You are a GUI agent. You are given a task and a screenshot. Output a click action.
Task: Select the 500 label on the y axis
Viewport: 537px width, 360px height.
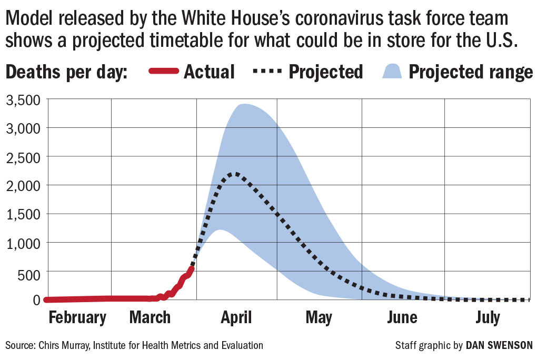pos(29,272)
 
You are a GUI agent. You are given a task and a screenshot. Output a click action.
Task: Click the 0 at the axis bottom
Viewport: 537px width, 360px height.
pos(37,300)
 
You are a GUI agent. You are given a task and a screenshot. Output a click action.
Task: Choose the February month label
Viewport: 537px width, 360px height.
pos(77,317)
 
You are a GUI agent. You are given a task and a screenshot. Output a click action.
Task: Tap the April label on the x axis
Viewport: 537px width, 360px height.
pos(236,317)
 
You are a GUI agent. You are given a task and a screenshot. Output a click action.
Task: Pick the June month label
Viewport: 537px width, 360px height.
pos(402,317)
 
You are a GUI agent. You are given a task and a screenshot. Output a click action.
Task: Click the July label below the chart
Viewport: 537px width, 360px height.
pos(488,317)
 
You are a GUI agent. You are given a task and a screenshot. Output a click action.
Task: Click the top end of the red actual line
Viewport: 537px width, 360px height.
pos(192,268)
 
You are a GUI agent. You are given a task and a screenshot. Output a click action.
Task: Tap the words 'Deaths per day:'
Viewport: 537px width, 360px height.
pos(67,72)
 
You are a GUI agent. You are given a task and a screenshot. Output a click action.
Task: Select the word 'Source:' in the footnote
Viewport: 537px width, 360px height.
pos(21,346)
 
